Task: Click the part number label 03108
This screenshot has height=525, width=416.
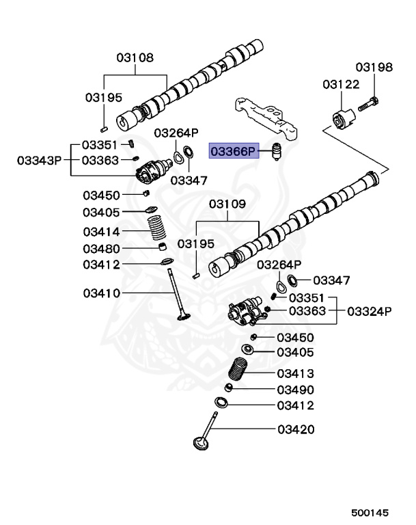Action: [x=135, y=58]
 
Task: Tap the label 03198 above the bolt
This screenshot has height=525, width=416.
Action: [x=374, y=67]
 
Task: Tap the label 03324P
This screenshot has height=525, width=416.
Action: [x=369, y=311]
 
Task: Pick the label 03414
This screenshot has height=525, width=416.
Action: [x=102, y=232]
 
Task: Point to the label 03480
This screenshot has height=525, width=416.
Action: [x=102, y=248]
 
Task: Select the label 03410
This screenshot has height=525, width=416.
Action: [x=102, y=293]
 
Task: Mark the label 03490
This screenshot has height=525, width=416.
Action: [x=295, y=390]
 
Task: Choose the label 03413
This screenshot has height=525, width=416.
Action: [x=295, y=373]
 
